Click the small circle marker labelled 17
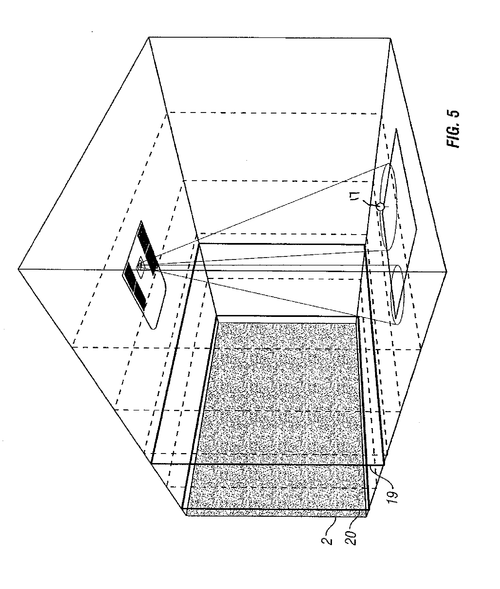(380, 207)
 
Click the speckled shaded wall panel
(284, 412)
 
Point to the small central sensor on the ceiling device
(140, 265)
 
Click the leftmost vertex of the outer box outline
(19, 268)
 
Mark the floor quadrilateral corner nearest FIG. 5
(396, 129)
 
